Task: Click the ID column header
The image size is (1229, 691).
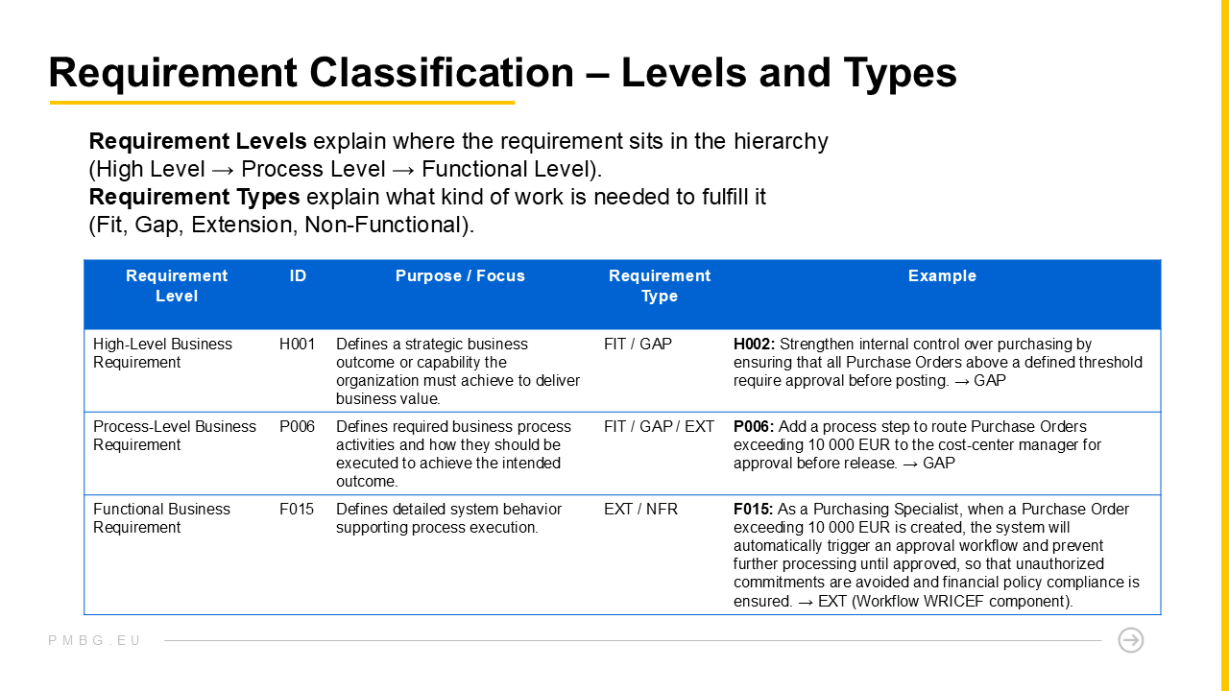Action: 298,275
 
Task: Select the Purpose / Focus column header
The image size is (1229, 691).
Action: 460,275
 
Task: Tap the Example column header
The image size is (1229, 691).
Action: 942,275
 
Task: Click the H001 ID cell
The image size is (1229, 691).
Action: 297,344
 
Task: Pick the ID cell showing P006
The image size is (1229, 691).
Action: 297,426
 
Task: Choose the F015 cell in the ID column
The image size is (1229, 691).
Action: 297,509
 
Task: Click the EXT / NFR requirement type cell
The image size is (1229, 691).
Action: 640,509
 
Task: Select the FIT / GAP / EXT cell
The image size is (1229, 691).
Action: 659,426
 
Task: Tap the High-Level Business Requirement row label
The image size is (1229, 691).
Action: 162,353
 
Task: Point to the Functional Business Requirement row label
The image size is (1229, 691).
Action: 161,518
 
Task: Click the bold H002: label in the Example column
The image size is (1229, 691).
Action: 754,344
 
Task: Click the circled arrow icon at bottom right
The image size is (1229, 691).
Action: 1131,640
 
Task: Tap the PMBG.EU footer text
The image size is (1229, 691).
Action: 94,640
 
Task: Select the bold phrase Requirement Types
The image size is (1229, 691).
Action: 194,197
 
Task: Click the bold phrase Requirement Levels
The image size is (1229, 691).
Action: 198,141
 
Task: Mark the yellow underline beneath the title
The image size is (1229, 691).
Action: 281,103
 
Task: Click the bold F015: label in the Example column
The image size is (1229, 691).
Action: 754,509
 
